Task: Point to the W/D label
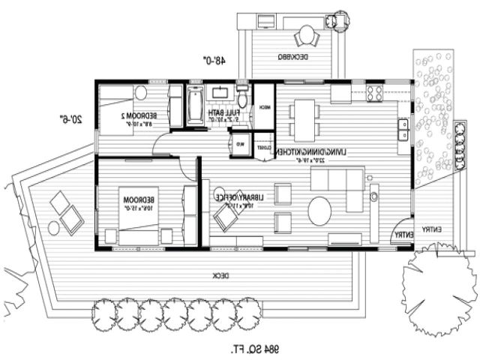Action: click(x=241, y=144)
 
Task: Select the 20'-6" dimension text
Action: click(x=72, y=118)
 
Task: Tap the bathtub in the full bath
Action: click(x=194, y=106)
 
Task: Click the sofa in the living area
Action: click(x=347, y=181)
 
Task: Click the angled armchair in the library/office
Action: click(x=225, y=217)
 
